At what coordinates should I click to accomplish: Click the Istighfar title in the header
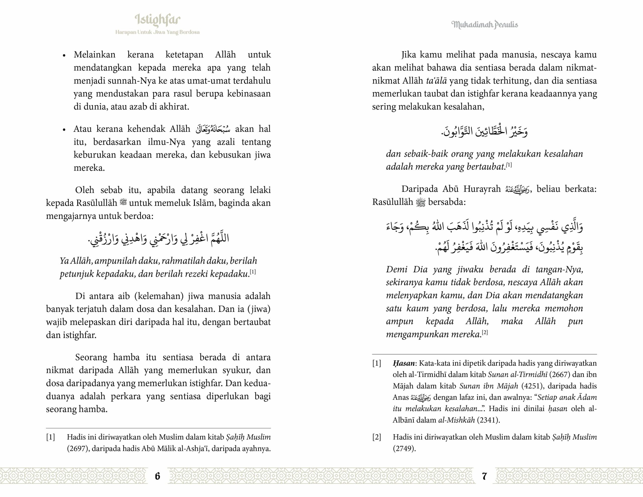click(x=157, y=20)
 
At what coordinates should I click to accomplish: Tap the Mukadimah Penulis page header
click(x=485, y=25)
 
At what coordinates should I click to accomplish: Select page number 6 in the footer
click(x=157, y=476)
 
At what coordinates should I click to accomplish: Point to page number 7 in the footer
click(x=485, y=476)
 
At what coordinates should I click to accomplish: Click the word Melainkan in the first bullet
click(x=94, y=55)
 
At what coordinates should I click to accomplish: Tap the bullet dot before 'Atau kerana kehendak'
click(x=64, y=130)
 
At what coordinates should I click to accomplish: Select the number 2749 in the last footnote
click(x=404, y=449)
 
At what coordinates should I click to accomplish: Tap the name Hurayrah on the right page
click(x=482, y=189)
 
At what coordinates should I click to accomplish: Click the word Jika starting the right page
click(x=409, y=55)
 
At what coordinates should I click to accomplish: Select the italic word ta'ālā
click(x=436, y=81)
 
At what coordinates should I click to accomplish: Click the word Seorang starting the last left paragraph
click(x=91, y=357)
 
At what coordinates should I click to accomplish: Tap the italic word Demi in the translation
click(x=397, y=270)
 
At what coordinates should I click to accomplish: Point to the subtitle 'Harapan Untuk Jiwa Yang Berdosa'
click(x=157, y=32)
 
